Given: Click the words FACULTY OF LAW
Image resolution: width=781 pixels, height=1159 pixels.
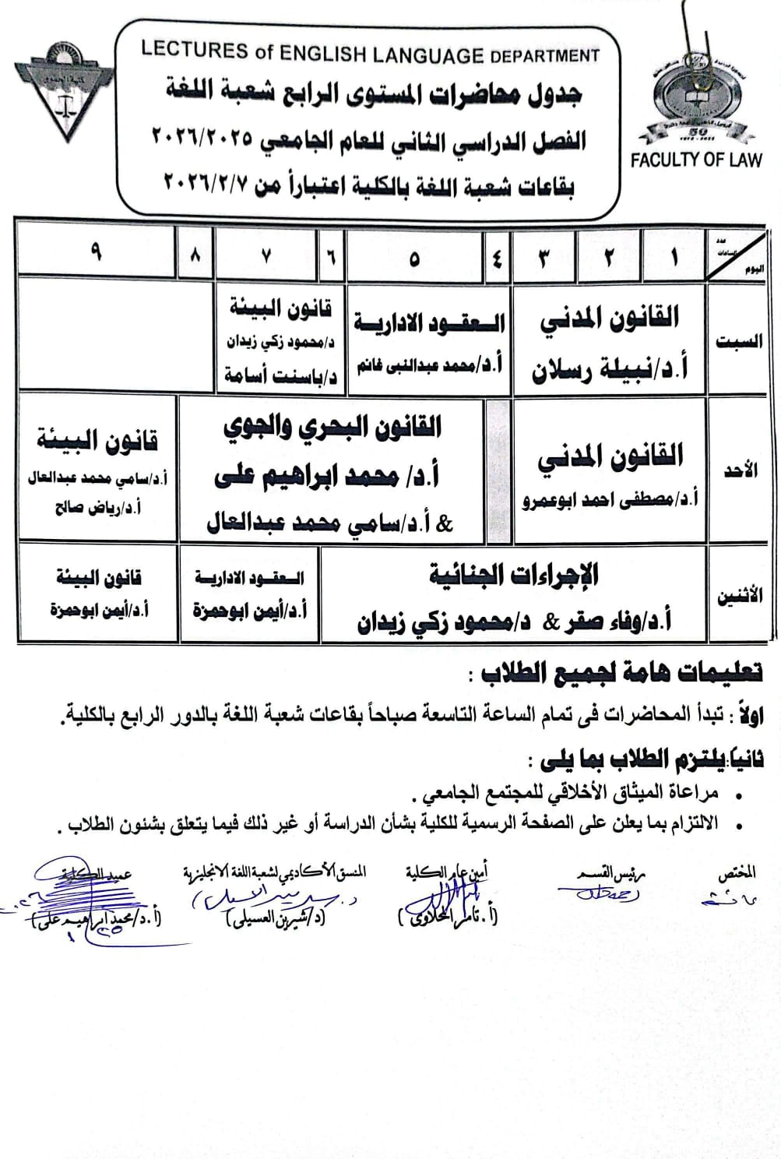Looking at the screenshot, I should (x=695, y=160).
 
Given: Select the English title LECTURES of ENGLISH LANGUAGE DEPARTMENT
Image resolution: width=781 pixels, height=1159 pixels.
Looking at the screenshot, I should (x=370, y=52).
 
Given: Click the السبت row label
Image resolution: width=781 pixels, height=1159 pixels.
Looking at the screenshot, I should (x=738, y=343).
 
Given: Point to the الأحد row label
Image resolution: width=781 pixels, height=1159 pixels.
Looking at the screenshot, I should (x=740, y=471).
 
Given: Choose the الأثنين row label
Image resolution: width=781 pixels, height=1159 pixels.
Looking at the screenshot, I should (x=739, y=597).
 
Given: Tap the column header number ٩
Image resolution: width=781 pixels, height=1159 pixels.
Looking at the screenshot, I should (x=96, y=253).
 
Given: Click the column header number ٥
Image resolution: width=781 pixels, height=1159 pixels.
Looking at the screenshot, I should (x=413, y=258).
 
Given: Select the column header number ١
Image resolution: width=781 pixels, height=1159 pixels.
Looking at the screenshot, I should (x=674, y=257).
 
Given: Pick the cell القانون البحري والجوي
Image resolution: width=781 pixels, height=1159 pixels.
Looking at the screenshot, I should (x=332, y=428).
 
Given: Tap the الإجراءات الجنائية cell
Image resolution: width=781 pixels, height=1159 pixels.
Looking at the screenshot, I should (x=514, y=576).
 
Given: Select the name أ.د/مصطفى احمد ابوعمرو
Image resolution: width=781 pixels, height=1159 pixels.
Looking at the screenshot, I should (x=610, y=499).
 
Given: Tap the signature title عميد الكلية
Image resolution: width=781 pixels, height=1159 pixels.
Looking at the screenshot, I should (x=105, y=873).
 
